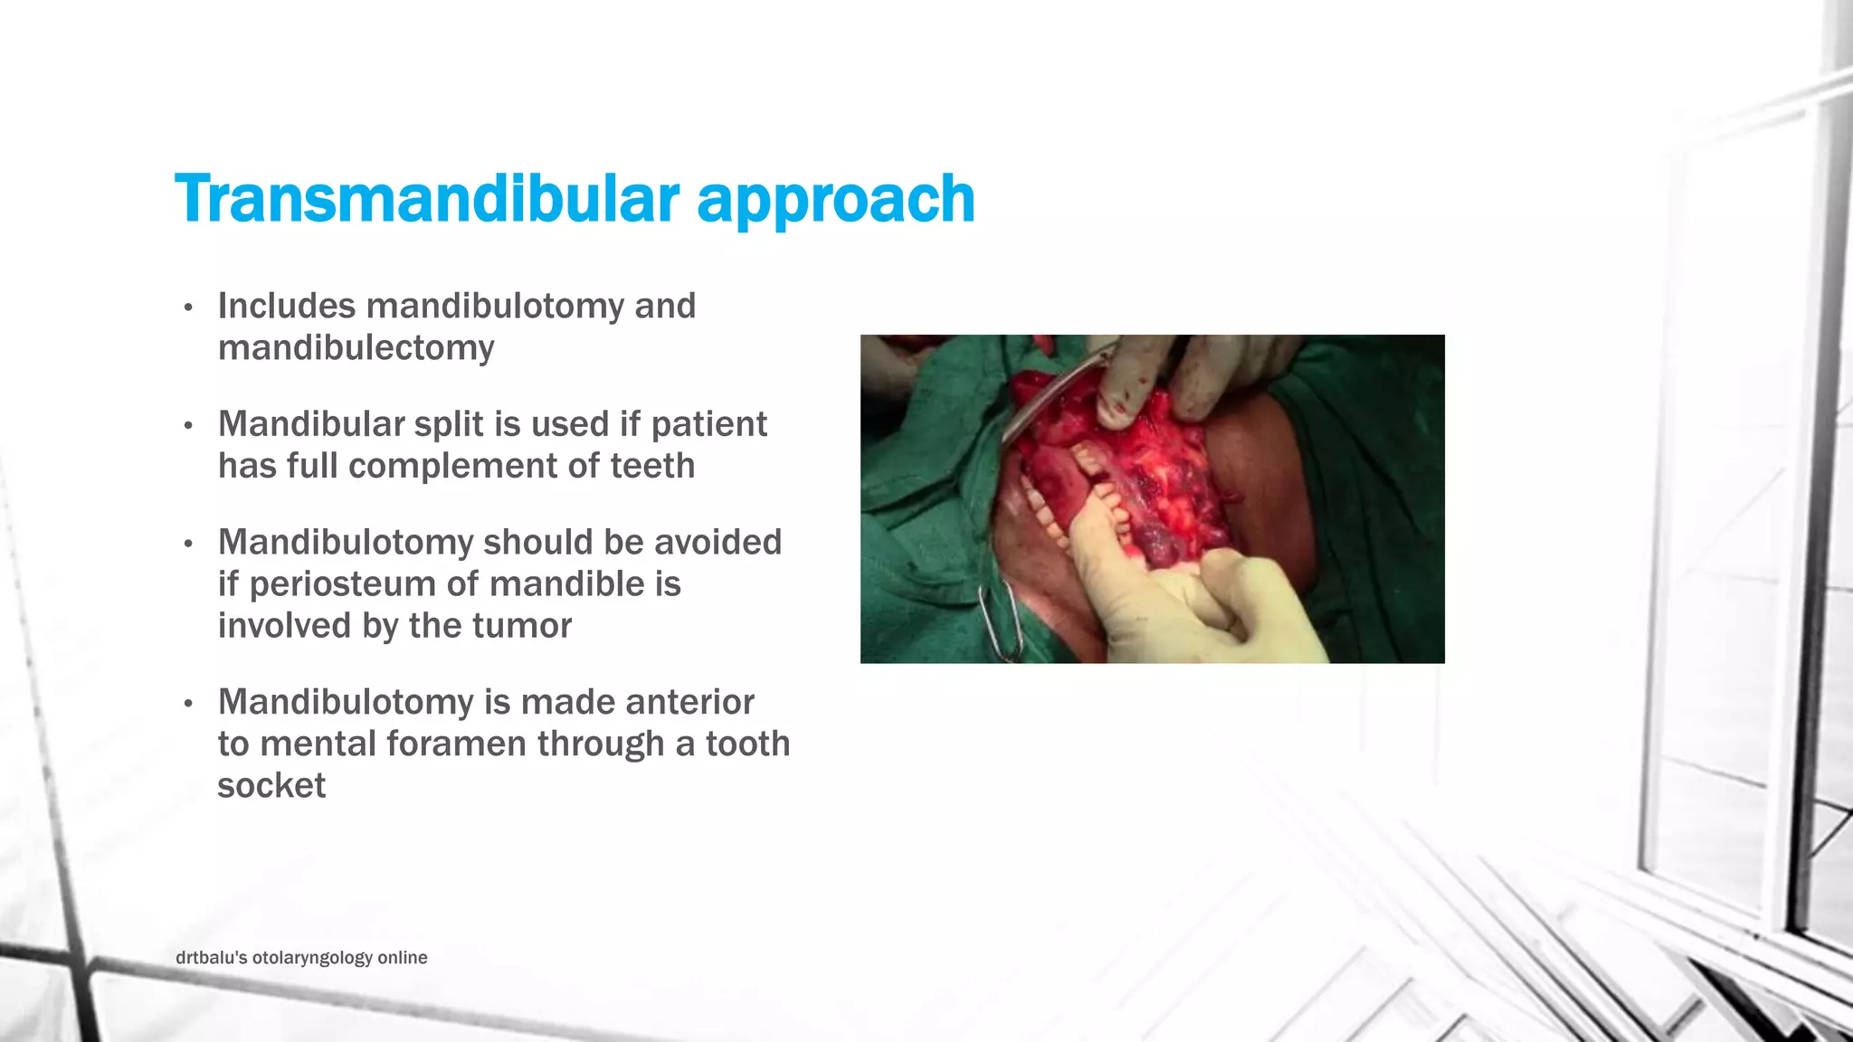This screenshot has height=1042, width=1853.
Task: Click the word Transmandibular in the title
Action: pos(427,198)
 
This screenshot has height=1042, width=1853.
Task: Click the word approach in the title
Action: pos(836,200)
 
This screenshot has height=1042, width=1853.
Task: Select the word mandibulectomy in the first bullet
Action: pos(356,348)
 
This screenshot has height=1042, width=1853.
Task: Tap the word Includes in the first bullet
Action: pos(287,306)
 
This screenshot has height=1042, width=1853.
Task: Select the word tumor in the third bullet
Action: pos(528,626)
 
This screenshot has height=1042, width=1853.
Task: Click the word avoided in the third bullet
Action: pos(717,542)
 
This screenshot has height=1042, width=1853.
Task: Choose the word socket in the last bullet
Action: pos(271,785)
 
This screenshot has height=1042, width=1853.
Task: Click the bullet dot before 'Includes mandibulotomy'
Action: pos(188,308)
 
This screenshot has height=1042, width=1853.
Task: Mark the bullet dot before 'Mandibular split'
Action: pos(188,426)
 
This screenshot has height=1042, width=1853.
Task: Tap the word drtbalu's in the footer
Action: pos(211,958)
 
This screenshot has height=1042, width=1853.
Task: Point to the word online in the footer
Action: pos(403,958)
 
